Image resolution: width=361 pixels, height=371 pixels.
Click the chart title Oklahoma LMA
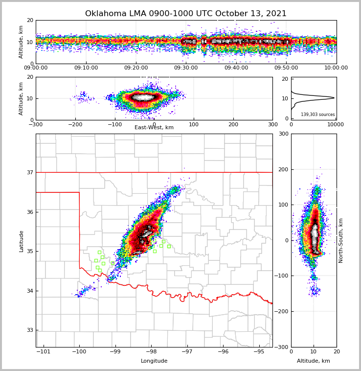(x=186, y=14)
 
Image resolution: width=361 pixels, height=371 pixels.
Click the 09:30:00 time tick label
(x=186, y=68)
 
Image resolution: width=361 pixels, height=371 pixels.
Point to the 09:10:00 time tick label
(x=86, y=68)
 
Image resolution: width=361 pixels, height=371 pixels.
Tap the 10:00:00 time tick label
(x=336, y=68)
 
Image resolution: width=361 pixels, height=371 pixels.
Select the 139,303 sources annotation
(x=317, y=115)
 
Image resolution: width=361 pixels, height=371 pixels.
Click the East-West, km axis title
(x=154, y=128)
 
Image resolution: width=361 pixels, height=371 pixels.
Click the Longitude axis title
(x=154, y=361)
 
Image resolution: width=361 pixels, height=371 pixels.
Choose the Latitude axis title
(x=21, y=241)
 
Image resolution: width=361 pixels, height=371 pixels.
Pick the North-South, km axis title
(x=341, y=240)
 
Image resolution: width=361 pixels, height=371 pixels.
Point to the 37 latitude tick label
(x=29, y=172)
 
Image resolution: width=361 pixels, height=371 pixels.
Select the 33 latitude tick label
(x=29, y=330)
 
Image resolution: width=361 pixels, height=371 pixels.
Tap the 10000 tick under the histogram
(x=335, y=124)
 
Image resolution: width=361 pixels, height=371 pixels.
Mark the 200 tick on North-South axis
(x=283, y=169)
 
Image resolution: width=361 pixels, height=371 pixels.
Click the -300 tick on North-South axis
(x=282, y=347)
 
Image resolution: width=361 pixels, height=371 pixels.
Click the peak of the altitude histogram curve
(x=334, y=98)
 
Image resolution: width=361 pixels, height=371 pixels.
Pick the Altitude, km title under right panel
(x=314, y=361)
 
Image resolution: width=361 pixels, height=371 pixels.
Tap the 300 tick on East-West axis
(x=272, y=124)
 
